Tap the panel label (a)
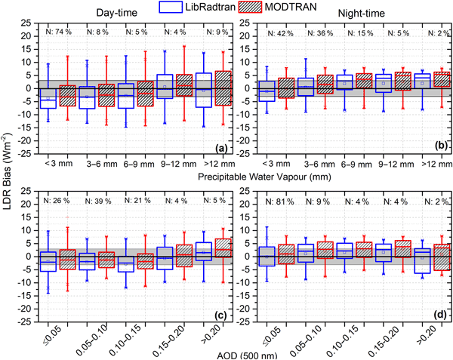tap(214, 147)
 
